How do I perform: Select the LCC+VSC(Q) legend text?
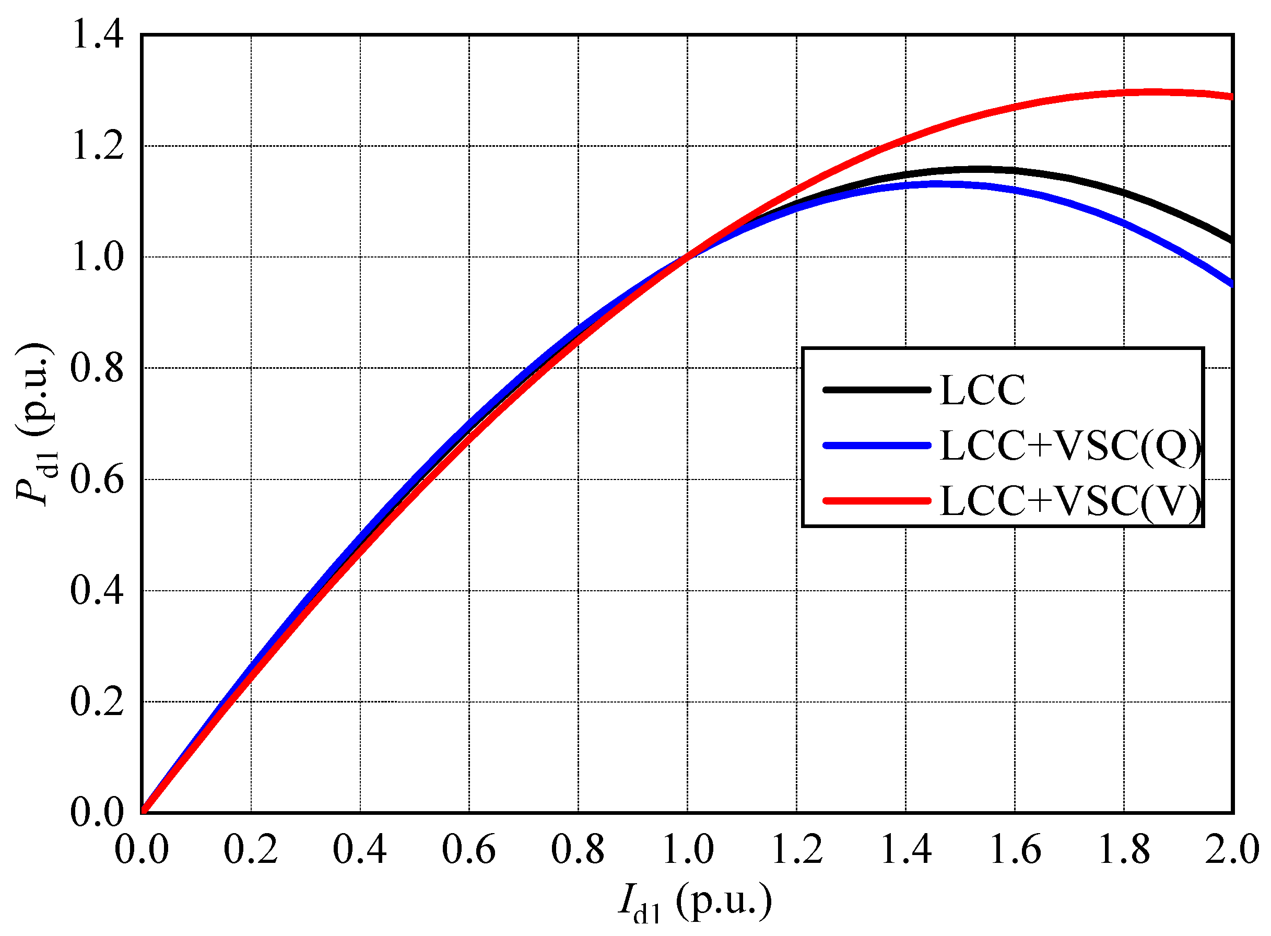[x=1069, y=446]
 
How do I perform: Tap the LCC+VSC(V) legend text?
[x=1069, y=501]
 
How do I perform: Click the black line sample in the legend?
[x=876, y=390]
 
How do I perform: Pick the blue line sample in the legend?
[x=876, y=446]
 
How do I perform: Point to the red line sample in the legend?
[x=876, y=501]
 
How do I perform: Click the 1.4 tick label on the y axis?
[x=97, y=35]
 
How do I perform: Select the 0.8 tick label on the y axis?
[x=97, y=368]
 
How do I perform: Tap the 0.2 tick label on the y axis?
[x=97, y=702]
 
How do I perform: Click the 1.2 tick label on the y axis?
[x=97, y=146]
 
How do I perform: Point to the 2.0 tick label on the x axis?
[x=1231, y=850]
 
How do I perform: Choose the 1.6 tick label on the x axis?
[x=1015, y=850]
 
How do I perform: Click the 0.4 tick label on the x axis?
[x=360, y=850]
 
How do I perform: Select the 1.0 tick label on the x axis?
[x=687, y=850]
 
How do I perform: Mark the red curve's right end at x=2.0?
[x=1230, y=97]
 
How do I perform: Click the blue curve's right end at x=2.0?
[x=1230, y=284]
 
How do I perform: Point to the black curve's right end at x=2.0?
[x=1230, y=241]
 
